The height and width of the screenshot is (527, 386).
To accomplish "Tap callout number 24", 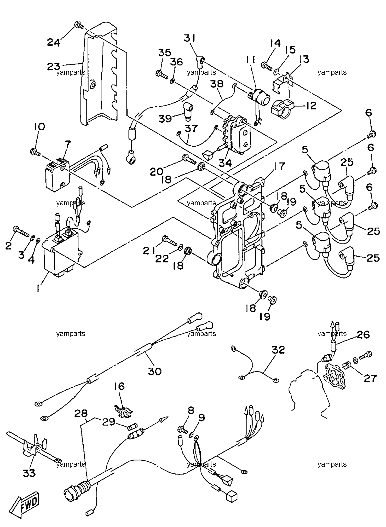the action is point(54,42).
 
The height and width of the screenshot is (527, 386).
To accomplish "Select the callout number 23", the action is point(53,66).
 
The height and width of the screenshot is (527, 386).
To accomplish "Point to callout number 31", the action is point(191,38).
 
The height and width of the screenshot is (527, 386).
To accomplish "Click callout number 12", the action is point(310,106).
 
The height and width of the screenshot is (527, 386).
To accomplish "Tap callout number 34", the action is point(225,164).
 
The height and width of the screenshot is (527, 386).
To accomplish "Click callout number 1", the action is point(39,288).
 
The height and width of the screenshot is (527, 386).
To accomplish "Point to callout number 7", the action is point(68,144).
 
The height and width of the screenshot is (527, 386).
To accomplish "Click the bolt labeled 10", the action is point(35,151).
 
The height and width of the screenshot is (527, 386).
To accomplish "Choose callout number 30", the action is point(155,371).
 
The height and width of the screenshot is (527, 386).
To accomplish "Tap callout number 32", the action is point(278,350).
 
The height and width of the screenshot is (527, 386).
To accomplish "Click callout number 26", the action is point(363,335).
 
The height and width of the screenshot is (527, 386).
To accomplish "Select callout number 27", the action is point(370,378).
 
